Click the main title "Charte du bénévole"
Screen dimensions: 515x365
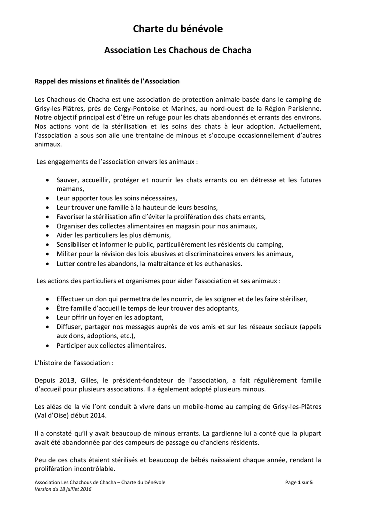pyautogui.click(x=177, y=29)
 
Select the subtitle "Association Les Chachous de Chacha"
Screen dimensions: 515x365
pyautogui.click(x=177, y=50)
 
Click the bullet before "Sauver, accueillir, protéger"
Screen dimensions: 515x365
pyautogui.click(x=47, y=180)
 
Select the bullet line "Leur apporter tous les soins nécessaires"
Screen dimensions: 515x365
pyautogui.click(x=117, y=198)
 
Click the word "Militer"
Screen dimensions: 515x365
pyautogui.click(x=67, y=253)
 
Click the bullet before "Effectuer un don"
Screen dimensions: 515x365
pyautogui.click(x=47, y=299)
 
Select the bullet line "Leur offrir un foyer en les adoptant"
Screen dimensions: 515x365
pyautogui.click(x=110, y=317)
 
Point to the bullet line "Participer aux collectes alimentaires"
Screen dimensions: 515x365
pyautogui.click(x=111, y=345)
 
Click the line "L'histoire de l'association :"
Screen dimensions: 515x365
pyautogui.click(x=75, y=362)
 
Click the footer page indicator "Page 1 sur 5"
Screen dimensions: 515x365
pyautogui.click(x=299, y=483)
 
